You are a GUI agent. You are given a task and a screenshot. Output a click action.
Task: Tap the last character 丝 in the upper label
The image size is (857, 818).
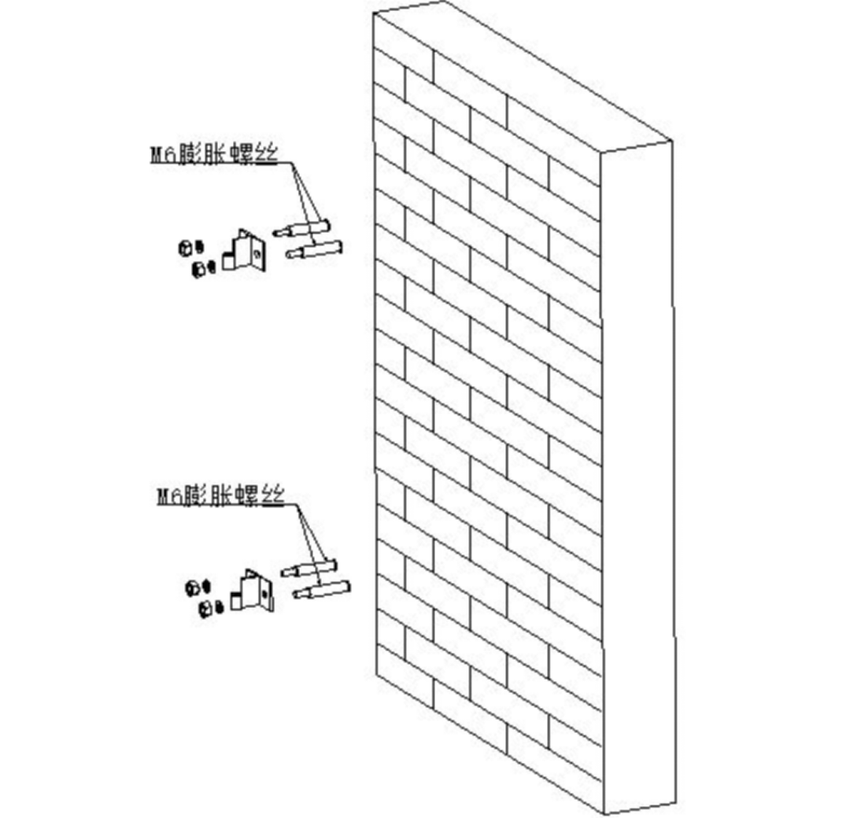pyautogui.click(x=267, y=153)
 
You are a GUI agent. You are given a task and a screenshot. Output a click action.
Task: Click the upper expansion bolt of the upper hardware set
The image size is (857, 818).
pyautogui.click(x=301, y=228)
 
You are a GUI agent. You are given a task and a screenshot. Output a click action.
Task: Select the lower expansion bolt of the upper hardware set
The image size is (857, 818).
pyautogui.click(x=314, y=249)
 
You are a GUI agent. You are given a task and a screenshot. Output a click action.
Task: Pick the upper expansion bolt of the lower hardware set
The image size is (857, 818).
pyautogui.click(x=308, y=568)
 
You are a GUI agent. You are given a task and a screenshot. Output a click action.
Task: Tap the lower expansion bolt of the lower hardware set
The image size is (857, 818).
pyautogui.click(x=321, y=589)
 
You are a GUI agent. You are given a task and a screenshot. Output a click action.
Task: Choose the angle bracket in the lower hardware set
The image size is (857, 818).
pyautogui.click(x=252, y=591)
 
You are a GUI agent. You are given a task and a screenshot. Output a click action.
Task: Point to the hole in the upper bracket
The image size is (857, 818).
pyautogui.click(x=257, y=253)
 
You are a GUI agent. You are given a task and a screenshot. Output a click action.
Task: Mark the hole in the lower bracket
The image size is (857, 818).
pyautogui.click(x=264, y=593)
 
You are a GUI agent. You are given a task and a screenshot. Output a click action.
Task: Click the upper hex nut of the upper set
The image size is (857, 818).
pyautogui.click(x=185, y=248)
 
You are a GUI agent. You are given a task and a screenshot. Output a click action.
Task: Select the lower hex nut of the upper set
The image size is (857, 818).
pyautogui.click(x=199, y=269)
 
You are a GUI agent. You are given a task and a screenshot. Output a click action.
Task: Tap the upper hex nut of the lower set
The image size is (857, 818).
pyautogui.click(x=192, y=588)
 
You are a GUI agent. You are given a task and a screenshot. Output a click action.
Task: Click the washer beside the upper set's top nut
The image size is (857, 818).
pyautogui.click(x=199, y=247)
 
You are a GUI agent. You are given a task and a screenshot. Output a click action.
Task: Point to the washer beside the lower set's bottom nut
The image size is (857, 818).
pyautogui.click(x=220, y=608)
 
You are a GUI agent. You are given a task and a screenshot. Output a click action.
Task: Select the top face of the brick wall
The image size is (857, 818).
pyautogui.click(x=522, y=76)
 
